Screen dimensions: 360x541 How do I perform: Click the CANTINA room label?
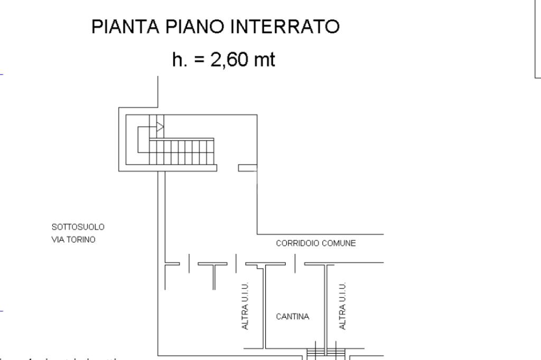click(x=293, y=317)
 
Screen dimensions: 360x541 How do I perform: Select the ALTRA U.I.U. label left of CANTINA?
click(x=245, y=306)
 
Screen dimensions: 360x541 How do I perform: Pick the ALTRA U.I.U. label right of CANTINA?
click(x=343, y=306)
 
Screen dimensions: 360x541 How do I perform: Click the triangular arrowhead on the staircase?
click(x=160, y=127)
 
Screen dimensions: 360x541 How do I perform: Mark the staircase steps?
click(x=182, y=152)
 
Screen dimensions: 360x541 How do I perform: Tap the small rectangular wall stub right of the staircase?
click(x=247, y=168)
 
